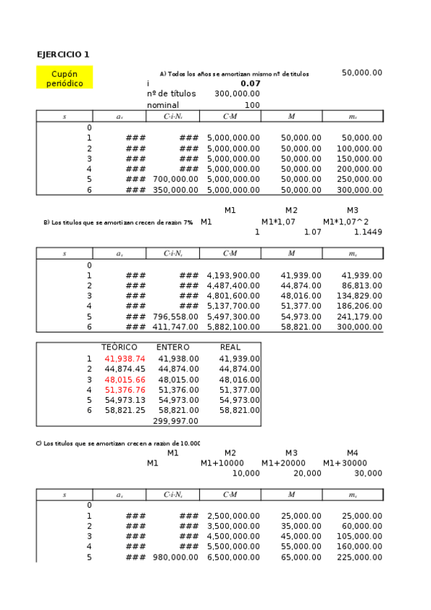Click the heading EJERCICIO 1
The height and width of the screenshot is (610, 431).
pos(63,55)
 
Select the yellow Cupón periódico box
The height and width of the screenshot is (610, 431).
pos(65,78)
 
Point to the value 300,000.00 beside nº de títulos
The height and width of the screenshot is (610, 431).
pos(237,94)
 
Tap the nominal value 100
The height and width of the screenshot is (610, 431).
pos(252,104)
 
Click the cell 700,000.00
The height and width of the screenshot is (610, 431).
pos(176,179)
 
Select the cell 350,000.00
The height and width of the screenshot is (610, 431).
pos(176,190)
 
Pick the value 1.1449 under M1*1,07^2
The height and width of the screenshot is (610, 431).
pos(368,232)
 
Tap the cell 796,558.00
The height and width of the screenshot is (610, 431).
pos(176,317)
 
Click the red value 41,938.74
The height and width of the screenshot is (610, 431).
pos(124,358)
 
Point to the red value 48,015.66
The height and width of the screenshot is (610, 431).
pos(124,379)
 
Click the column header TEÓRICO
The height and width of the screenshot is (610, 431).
pos(119,347)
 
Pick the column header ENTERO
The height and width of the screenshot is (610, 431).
pos(173,347)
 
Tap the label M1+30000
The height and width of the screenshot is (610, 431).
pos(345,463)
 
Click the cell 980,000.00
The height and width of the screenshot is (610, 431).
pos(176,557)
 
